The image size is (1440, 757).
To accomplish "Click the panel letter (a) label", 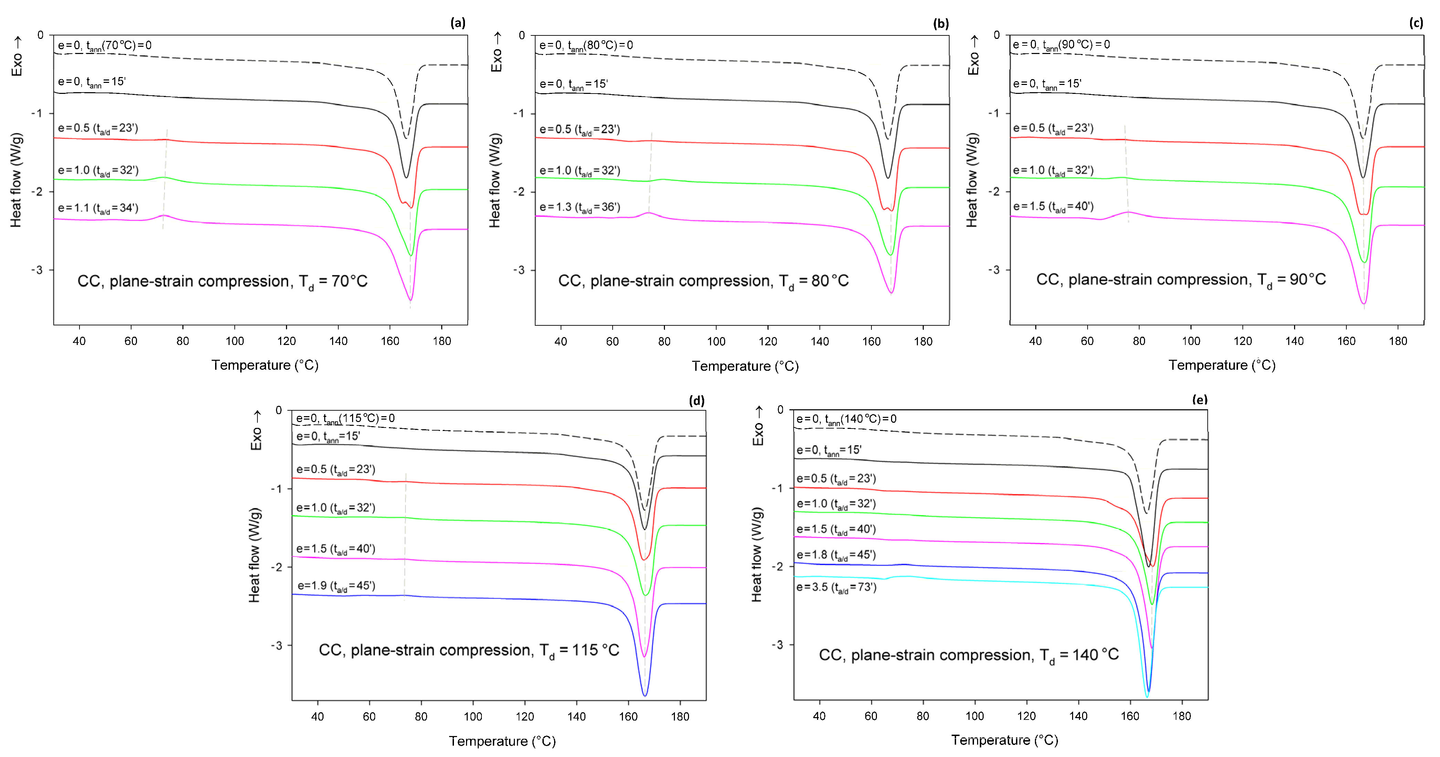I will pos(457,23).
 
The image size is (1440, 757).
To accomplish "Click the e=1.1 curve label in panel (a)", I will pos(98,208).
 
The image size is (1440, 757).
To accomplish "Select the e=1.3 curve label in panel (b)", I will pos(580,207).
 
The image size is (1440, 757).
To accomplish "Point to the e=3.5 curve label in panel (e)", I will pos(836,587).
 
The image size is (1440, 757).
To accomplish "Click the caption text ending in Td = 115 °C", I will pos(468,650).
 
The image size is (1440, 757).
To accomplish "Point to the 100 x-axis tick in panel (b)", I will pos(716,341).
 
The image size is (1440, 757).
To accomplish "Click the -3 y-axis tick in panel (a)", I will pos(37,270).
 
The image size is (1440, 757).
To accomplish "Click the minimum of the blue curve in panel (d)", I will pos(645,695).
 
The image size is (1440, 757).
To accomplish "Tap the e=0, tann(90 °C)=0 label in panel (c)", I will pos(1061,45).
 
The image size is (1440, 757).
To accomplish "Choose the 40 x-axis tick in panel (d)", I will pos(318,717).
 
